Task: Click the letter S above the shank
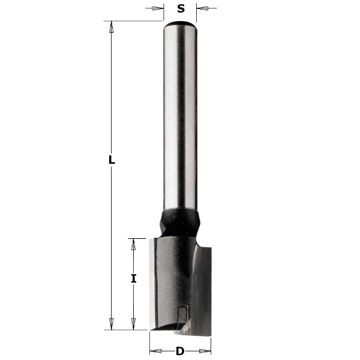click(181, 8)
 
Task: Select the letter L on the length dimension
click(112, 160)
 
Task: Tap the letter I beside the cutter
click(134, 278)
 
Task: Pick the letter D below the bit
click(179, 352)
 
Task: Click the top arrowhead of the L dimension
click(111, 26)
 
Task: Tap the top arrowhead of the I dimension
click(133, 242)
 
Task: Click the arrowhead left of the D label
click(154, 352)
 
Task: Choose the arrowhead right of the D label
click(206, 352)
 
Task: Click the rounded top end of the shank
click(181, 25)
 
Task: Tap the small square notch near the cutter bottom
click(182, 311)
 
